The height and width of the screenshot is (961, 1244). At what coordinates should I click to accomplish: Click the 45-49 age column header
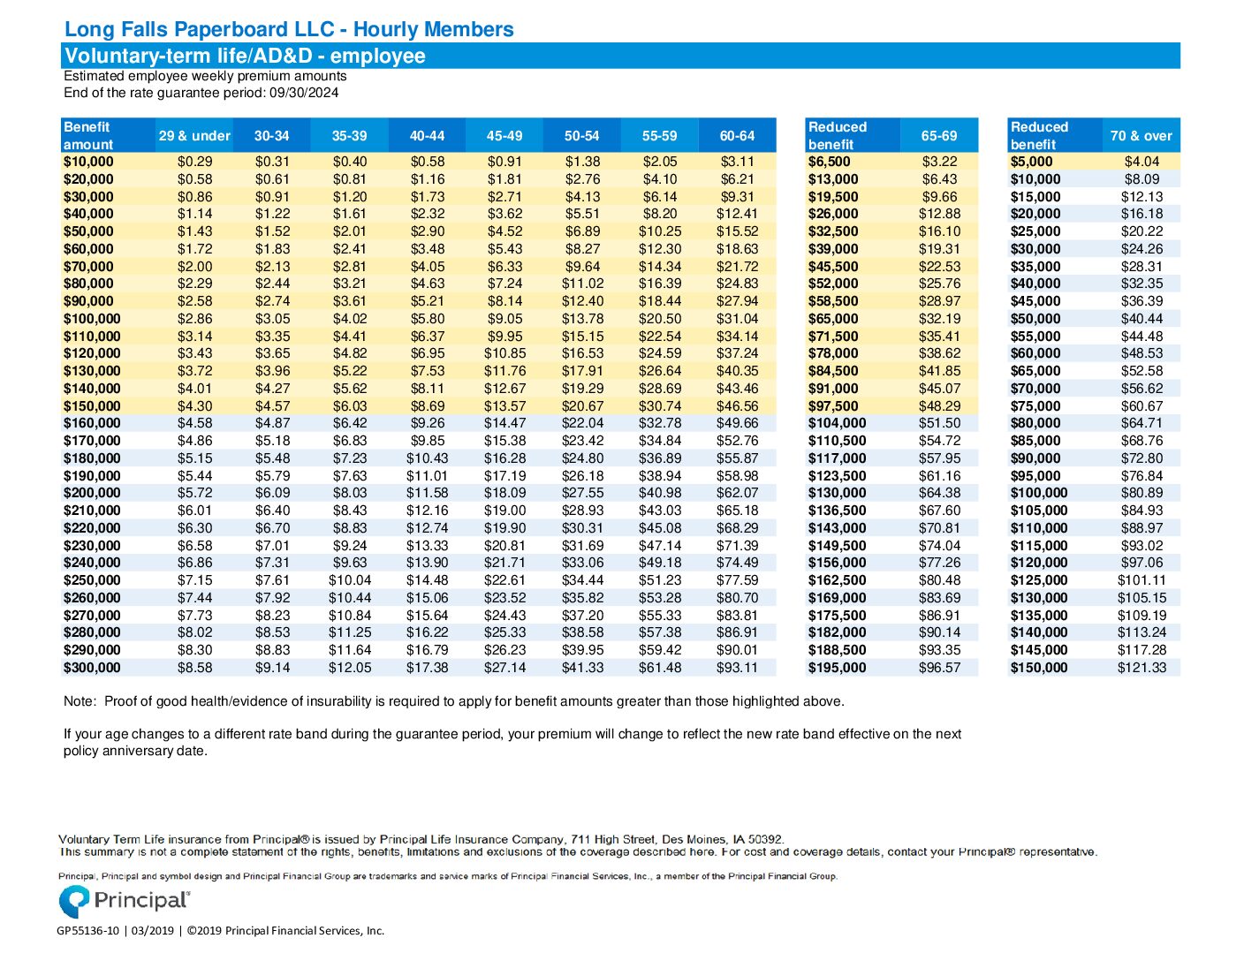click(504, 136)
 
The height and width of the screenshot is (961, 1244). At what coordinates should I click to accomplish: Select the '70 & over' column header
click(1141, 136)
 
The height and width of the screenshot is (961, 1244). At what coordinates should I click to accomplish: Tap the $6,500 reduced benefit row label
click(829, 162)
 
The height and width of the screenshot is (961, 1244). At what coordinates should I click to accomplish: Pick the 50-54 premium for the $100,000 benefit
click(582, 318)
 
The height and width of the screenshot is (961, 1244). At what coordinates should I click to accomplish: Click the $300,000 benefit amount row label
click(92, 668)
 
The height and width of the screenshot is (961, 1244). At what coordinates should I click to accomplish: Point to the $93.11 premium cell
click(737, 668)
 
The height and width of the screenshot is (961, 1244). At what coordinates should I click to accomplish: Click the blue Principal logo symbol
click(74, 901)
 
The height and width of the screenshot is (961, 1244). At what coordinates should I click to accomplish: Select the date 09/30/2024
click(304, 93)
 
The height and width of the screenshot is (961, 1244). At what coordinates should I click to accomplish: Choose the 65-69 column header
click(939, 136)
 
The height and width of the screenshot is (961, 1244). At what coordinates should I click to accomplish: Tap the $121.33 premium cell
click(1142, 668)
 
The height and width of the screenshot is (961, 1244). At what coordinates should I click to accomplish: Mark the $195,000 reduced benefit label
click(837, 668)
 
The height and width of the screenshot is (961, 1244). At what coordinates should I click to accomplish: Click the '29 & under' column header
click(194, 136)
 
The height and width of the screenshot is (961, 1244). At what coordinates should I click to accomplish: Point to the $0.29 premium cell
click(194, 162)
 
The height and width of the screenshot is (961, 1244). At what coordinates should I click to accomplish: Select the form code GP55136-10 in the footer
click(87, 931)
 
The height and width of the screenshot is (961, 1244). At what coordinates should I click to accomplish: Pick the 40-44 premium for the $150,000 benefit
click(427, 405)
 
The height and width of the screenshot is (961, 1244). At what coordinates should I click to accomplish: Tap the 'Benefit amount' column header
click(88, 136)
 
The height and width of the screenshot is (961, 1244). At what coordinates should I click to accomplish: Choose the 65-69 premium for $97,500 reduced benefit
click(939, 405)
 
